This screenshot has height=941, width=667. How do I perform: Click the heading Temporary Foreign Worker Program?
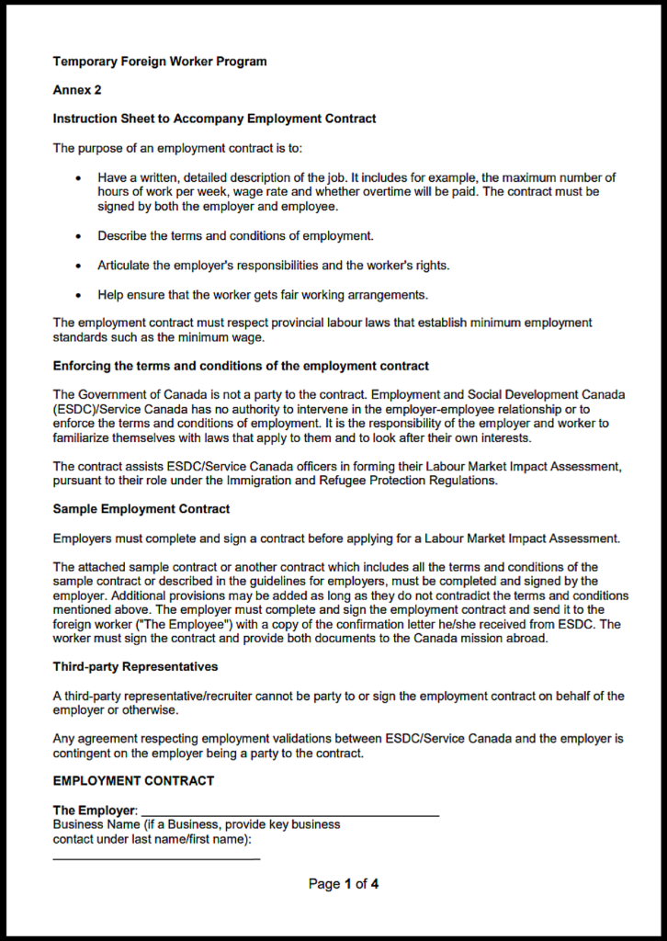(x=160, y=62)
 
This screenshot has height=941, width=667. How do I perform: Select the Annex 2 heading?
(x=77, y=90)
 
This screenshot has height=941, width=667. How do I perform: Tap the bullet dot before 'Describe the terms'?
(x=79, y=236)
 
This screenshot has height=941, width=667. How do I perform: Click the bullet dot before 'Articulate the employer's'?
(x=79, y=266)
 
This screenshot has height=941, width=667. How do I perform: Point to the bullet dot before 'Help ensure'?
(x=79, y=295)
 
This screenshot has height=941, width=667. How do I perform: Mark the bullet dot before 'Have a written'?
(x=79, y=177)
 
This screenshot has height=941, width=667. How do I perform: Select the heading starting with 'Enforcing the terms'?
(x=241, y=366)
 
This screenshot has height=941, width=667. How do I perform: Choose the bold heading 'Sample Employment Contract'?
(x=141, y=508)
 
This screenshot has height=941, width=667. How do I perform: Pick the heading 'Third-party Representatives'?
(x=135, y=666)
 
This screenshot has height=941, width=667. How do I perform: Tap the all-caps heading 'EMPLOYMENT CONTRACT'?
(x=133, y=781)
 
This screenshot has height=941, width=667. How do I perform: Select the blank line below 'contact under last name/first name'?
(x=156, y=857)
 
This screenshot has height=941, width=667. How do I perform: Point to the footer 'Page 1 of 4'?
(x=344, y=884)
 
